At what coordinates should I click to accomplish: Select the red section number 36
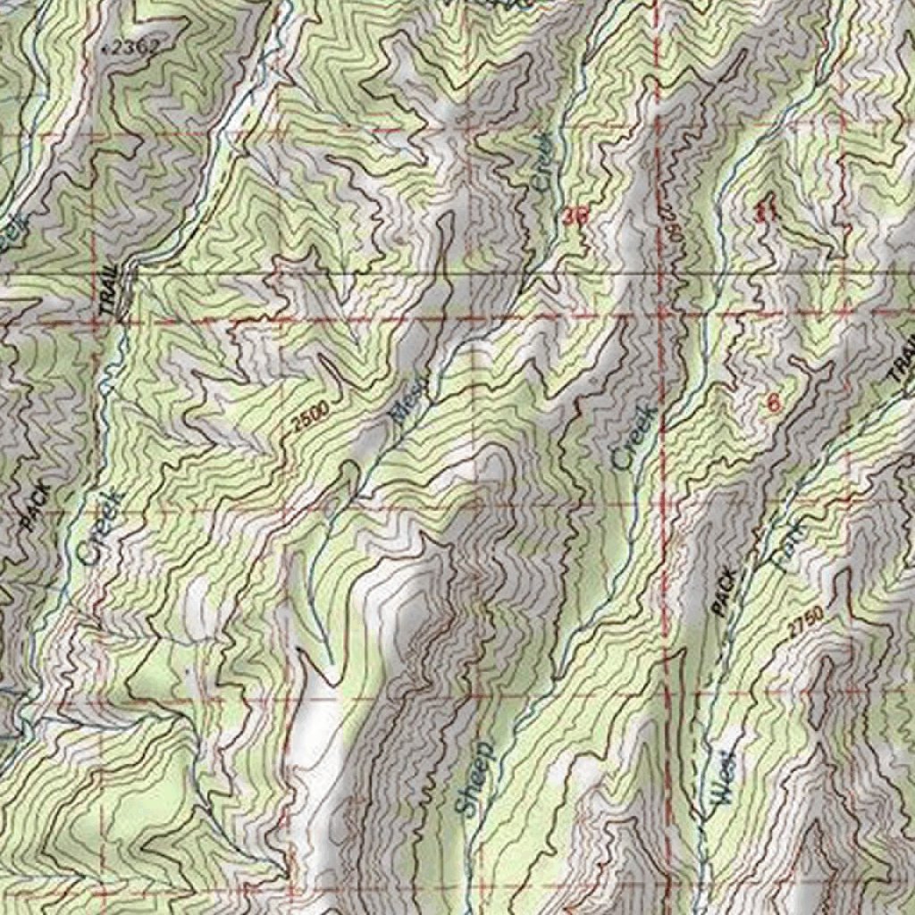576,215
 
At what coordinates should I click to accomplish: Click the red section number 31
765,212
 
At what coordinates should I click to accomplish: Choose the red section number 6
773,403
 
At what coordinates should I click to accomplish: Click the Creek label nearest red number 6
635,438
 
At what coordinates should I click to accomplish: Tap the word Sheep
473,777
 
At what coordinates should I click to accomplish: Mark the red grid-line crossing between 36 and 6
662,315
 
